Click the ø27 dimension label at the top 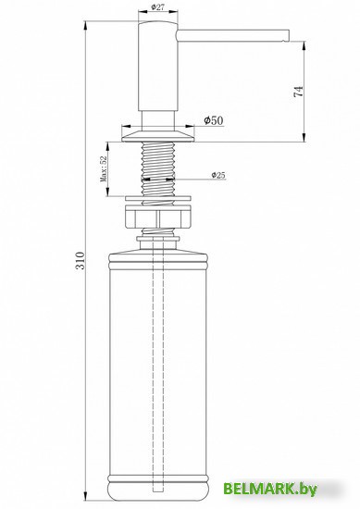(159, 7)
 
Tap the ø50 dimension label (212, 121)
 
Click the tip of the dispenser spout (289, 37)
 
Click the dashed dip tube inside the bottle (158, 370)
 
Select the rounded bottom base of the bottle (158, 481)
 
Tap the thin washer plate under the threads (158, 197)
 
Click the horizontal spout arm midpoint (231, 37)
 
